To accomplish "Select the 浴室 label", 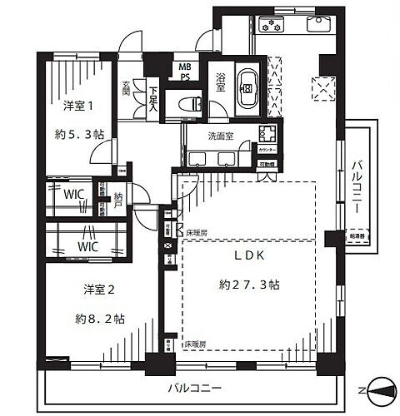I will tap(220, 81).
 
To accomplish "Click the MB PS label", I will tap(182, 72).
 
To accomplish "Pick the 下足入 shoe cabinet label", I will tap(153, 95).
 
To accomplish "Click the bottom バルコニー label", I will tap(193, 388).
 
